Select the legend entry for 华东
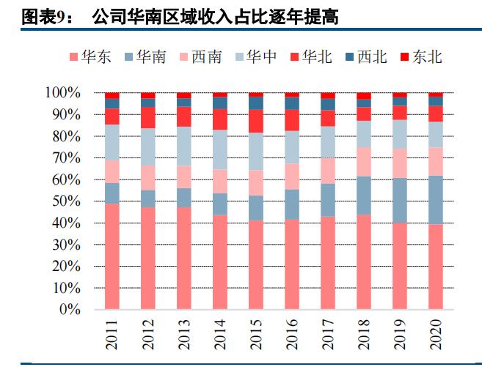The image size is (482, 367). pos(90,56)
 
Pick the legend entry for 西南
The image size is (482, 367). pos(199,56)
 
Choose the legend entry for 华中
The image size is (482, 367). pos(254,56)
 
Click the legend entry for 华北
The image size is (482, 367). pos(309,56)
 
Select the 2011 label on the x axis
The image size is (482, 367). pos(112,333)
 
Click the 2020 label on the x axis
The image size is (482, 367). pos(436,333)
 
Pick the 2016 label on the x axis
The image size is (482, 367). pos(292,333)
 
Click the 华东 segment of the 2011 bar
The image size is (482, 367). pos(112,256)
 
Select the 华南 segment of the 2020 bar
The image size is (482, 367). pos(436,200)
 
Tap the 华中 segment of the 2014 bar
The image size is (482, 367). pos(220,149)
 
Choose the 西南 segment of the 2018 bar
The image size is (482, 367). pos(364,161)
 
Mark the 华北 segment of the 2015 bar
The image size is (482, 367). pos(256,121)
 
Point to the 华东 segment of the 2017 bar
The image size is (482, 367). pos(328,263)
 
